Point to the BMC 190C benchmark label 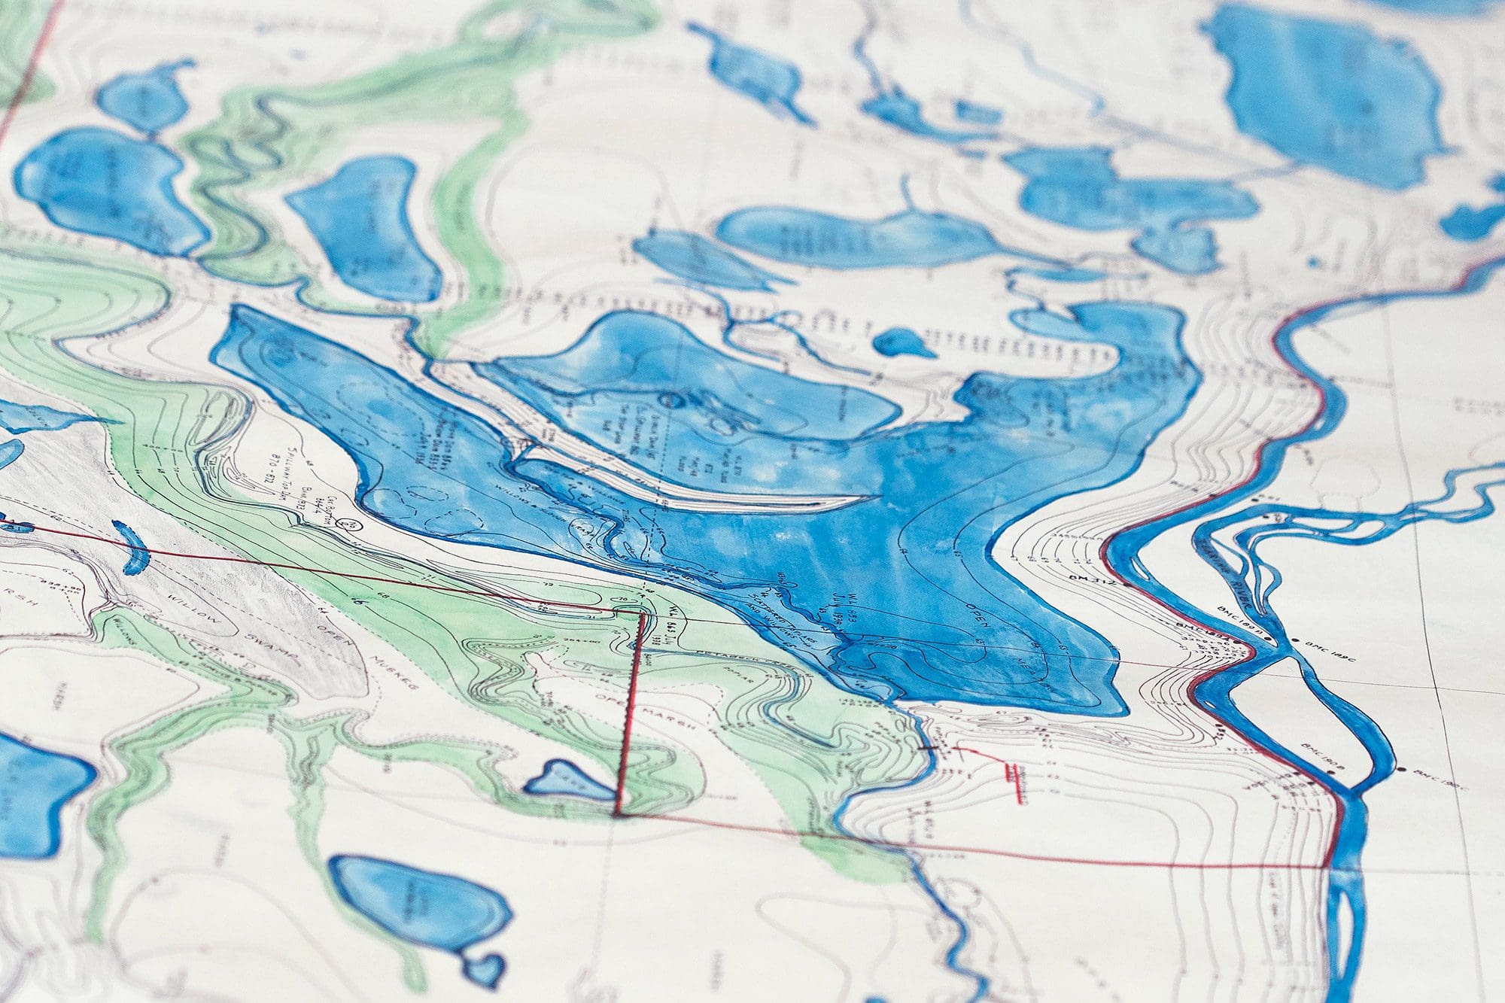pos(1430,776)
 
